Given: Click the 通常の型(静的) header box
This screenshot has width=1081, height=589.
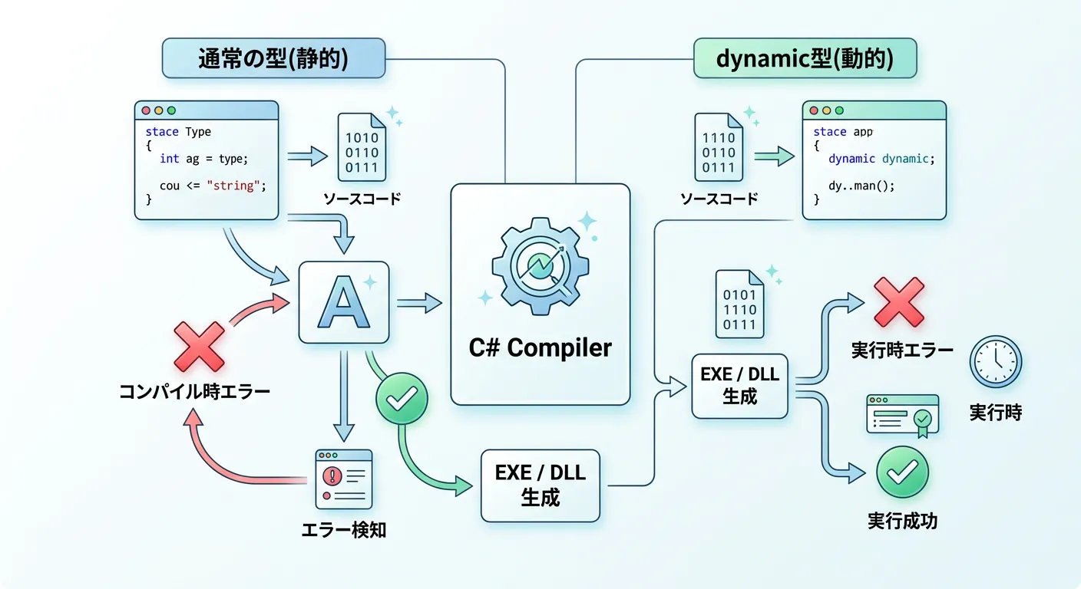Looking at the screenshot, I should [x=273, y=59].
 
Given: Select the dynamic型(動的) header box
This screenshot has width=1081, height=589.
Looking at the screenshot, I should [x=804, y=59].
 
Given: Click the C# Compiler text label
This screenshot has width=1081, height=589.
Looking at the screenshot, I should [x=540, y=347].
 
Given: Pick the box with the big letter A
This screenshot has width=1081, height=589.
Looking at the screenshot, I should [x=343, y=302].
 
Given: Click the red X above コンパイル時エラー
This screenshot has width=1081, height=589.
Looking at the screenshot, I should [x=199, y=347].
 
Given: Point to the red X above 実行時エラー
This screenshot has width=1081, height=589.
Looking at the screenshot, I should [x=899, y=301].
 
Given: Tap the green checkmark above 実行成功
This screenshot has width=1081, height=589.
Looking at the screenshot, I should [x=902, y=472].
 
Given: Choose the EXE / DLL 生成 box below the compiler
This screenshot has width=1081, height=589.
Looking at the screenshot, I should [x=540, y=485].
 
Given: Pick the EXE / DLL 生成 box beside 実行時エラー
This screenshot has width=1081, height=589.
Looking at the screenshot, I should [x=740, y=386].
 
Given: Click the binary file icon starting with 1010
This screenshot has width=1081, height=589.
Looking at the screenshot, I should [x=362, y=147].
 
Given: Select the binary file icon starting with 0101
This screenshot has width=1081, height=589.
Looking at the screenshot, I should [x=740, y=304].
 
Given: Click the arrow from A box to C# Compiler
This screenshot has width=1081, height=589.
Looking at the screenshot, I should [x=418, y=304].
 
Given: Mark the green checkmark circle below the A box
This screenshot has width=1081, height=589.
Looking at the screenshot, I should [x=401, y=397].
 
